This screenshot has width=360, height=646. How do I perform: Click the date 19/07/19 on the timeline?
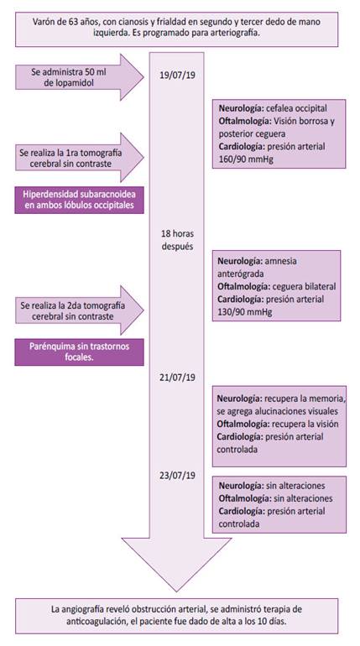tap(178, 76)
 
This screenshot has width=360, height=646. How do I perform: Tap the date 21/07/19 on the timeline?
tap(178, 378)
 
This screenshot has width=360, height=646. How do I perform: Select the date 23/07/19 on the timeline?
tap(178, 475)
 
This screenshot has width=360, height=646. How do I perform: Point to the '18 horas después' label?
tap(178, 240)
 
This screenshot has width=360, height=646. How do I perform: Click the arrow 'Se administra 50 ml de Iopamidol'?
tap(80, 76)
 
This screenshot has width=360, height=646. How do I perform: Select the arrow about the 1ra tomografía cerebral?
tap(80, 158)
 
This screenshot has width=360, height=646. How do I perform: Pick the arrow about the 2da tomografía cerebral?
tap(80, 310)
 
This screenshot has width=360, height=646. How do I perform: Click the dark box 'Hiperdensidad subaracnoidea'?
tap(80, 200)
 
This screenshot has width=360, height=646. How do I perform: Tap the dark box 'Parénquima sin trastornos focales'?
tap(80, 352)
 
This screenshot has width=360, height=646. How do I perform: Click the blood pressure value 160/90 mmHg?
tap(246, 159)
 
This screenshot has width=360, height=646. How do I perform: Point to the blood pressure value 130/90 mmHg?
tap(245, 312)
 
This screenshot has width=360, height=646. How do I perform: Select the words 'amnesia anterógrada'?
tap(257, 268)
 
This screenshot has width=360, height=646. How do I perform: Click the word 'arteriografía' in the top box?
tap(236, 34)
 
